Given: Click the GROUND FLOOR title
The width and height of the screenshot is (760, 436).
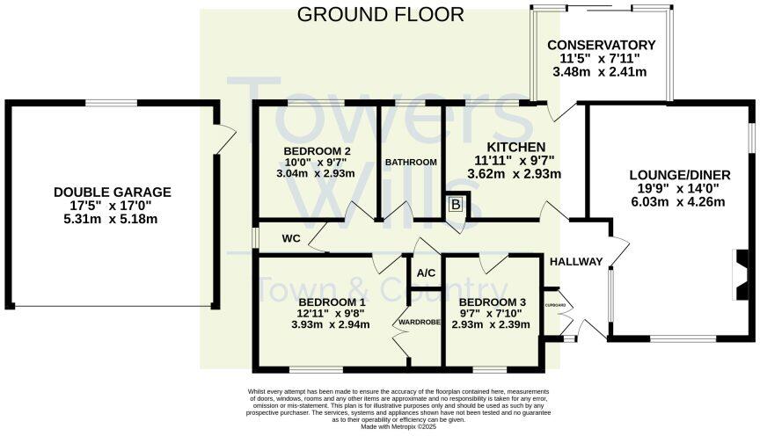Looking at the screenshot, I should pos(380,14).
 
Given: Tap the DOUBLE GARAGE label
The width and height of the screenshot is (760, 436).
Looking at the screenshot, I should pos(113,192).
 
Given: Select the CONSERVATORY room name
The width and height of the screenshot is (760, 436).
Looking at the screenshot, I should pos(602,45).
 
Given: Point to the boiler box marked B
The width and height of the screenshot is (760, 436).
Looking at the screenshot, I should pos(456,205).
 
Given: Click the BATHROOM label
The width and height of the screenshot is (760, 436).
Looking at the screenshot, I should pos(412,162).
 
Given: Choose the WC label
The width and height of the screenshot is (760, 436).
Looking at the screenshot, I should pos(292,238).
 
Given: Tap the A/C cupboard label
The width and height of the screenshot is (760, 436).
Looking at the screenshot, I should pos(427,272).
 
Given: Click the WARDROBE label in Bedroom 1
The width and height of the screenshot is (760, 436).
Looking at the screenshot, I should pos(419,323).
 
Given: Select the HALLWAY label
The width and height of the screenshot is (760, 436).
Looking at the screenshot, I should pos(576,261).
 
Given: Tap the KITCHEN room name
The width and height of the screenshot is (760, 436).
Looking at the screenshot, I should pos(517,146).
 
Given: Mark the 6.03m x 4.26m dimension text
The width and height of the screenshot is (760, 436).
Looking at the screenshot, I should pos(676,201).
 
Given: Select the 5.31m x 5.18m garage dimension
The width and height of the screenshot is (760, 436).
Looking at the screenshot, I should pos(113,221).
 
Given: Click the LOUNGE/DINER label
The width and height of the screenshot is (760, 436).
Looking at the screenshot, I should pos(676,172).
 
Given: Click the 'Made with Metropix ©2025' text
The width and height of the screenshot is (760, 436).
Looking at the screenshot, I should pos(398,426).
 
